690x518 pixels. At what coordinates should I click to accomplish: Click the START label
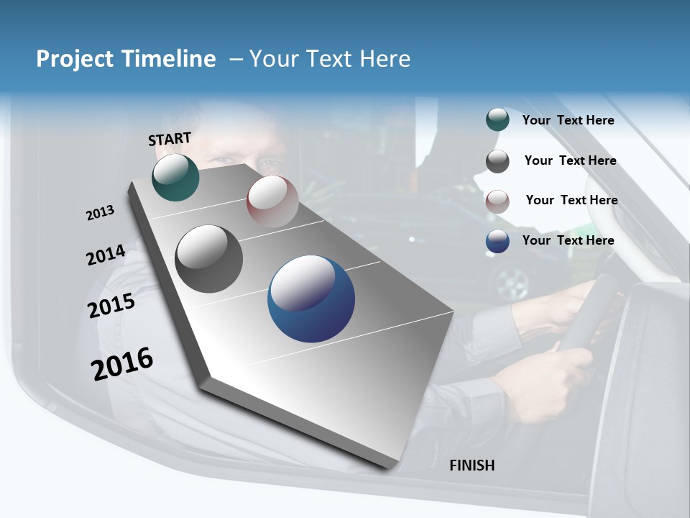pos(170,139)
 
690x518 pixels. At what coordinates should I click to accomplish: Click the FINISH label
pos(471,465)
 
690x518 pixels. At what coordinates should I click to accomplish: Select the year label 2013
pos(100,213)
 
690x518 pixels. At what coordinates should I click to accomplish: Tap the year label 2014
pos(106,255)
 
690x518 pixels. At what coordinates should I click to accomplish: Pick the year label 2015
pos(111,306)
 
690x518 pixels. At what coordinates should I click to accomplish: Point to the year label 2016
pos(122,364)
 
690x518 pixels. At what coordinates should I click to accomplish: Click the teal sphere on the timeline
pos(175,178)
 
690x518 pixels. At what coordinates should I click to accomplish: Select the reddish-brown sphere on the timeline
pos(272,201)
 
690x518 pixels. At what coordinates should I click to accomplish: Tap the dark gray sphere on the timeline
pos(209,259)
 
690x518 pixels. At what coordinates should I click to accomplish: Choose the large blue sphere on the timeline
pos(311,299)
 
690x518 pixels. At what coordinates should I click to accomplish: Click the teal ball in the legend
pos(497,120)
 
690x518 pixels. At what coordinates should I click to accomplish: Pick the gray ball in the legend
pos(497,161)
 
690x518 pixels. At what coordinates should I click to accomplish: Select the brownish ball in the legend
pos(497,201)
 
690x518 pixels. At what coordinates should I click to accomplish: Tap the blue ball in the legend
pos(497,241)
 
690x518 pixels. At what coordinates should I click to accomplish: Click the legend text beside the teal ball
pos(568,120)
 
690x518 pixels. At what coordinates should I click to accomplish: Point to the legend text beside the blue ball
pos(568,240)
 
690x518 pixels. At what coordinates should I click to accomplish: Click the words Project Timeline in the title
pos(126,59)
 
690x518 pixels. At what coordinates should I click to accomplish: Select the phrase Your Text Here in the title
pos(330,59)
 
